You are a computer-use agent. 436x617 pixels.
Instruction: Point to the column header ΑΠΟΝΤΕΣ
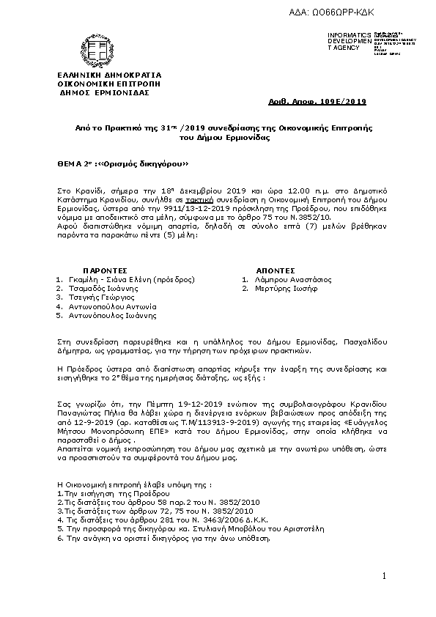tap(275, 270)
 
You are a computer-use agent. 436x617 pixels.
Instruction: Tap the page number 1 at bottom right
tap(383, 578)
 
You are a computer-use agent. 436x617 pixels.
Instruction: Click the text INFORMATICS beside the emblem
tap(351, 35)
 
